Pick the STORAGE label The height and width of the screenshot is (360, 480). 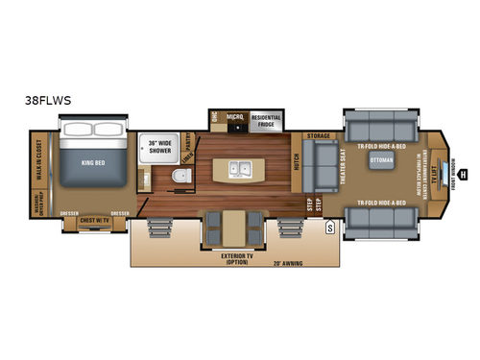(318, 136)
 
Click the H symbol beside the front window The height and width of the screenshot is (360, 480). (462, 175)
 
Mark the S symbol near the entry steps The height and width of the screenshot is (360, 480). (329, 227)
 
